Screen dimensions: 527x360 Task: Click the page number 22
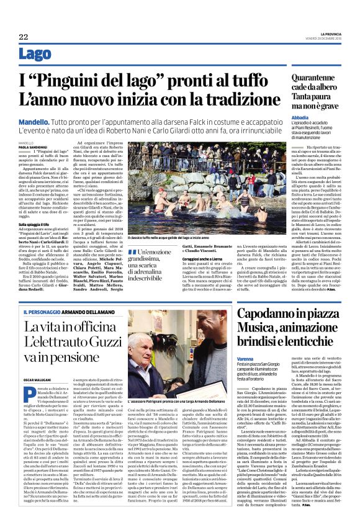(23, 37)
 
